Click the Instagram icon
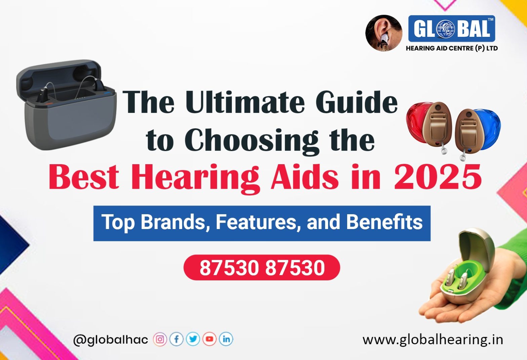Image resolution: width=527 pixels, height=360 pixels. [160, 339]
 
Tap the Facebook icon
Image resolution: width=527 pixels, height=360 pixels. [176, 339]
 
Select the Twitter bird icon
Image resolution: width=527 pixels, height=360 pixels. [193, 339]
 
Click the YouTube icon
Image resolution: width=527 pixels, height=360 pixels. [209, 339]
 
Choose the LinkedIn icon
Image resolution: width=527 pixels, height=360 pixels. [226, 339]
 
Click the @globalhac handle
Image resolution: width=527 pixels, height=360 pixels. [111, 340]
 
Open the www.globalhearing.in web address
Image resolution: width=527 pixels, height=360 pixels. [433, 340]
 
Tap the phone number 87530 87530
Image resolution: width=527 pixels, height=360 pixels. [262, 268]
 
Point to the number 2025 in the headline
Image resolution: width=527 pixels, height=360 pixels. [438, 177]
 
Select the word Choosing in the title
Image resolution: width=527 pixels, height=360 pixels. [251, 141]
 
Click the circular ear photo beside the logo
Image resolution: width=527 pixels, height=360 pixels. [384, 33]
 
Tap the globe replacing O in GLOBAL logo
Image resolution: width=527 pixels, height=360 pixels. [445, 29]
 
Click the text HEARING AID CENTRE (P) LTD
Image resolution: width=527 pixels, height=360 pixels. [452, 48]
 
